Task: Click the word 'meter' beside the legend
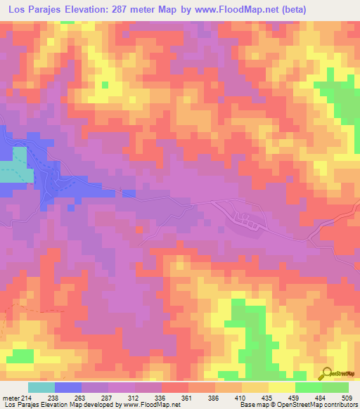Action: pos(11,398)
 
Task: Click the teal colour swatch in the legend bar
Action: pos(41,387)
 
